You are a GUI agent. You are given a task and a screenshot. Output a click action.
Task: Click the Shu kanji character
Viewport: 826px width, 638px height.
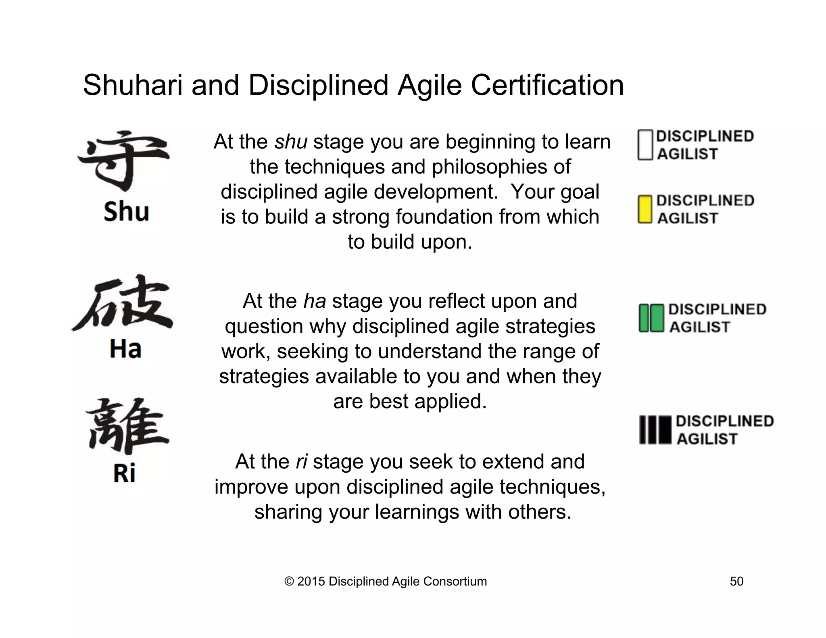pyautogui.click(x=123, y=161)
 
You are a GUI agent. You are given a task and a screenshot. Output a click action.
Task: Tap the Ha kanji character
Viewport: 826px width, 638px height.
pyautogui.click(x=123, y=303)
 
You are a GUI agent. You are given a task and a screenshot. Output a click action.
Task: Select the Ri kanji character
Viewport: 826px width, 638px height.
pyautogui.click(x=126, y=427)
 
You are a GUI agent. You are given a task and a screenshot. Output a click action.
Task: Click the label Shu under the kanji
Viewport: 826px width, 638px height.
pyautogui.click(x=126, y=212)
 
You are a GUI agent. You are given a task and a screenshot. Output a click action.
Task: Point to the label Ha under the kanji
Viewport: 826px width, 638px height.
pyautogui.click(x=125, y=349)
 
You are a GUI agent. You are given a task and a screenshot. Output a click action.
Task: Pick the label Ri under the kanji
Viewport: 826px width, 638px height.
pyautogui.click(x=124, y=473)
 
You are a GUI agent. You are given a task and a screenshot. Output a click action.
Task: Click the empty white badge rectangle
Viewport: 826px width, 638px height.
pyautogui.click(x=645, y=145)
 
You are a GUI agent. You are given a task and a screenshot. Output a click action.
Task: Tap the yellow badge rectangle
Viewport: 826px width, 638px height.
pyautogui.click(x=645, y=209)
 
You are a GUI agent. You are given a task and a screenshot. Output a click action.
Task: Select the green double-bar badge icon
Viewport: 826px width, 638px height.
pyautogui.click(x=651, y=318)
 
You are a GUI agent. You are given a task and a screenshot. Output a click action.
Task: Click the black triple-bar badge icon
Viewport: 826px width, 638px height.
pyautogui.click(x=655, y=430)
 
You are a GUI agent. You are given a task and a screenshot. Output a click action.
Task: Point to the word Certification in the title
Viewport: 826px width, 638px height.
pyautogui.click(x=547, y=85)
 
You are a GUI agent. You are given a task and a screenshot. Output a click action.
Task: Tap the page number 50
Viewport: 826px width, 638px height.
pyautogui.click(x=736, y=581)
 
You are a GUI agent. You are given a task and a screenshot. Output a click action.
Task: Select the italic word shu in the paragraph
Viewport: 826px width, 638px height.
pyautogui.click(x=290, y=142)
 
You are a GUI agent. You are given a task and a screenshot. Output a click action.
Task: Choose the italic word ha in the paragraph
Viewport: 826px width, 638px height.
pyautogui.click(x=314, y=301)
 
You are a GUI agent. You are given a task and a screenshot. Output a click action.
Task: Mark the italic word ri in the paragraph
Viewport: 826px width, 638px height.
pyautogui.click(x=301, y=462)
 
